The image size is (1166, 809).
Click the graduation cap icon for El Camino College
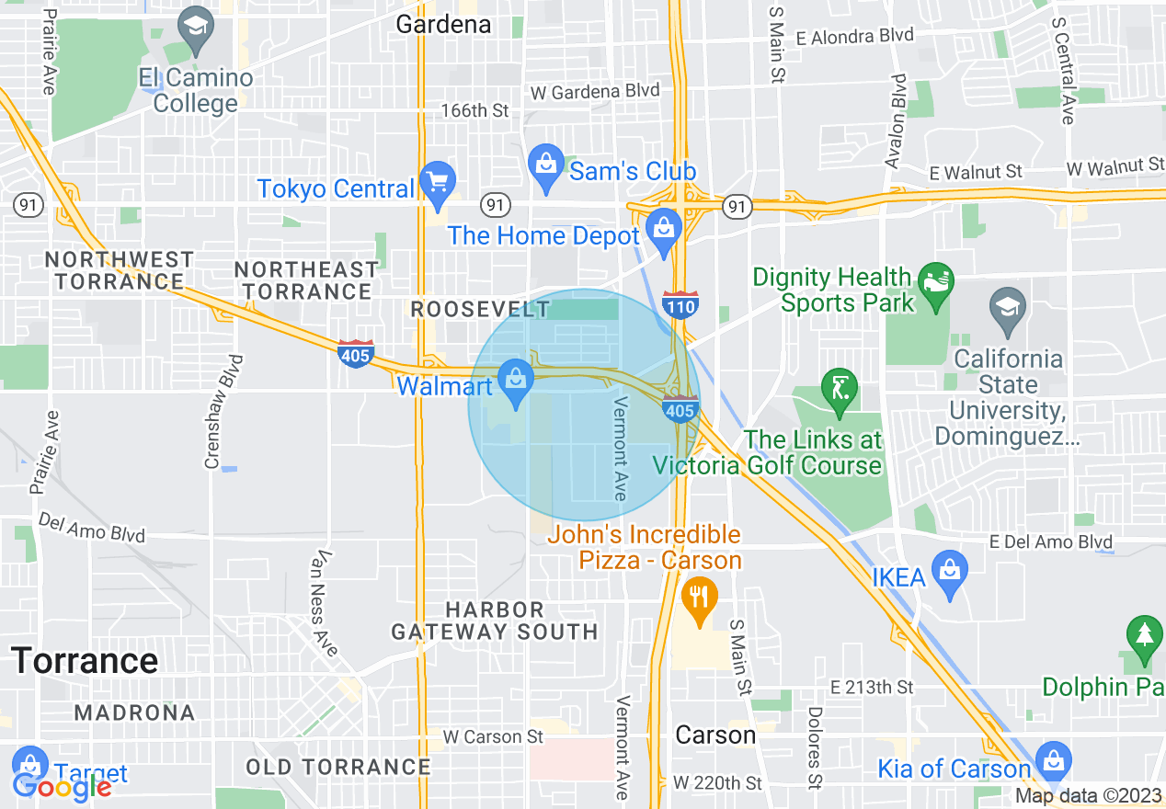point(196,29)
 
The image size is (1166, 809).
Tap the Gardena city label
point(443,24)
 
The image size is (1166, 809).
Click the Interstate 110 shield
point(680,304)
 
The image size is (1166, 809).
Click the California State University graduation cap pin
point(1009,307)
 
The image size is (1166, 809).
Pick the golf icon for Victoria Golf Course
point(839,387)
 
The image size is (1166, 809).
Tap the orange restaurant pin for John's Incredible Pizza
point(701,598)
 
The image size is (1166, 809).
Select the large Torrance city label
point(85,661)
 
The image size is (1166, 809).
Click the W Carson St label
point(493,737)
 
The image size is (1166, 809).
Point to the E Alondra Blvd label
point(855,36)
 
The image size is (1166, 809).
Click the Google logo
point(62,787)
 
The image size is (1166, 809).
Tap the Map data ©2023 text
point(1084,795)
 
